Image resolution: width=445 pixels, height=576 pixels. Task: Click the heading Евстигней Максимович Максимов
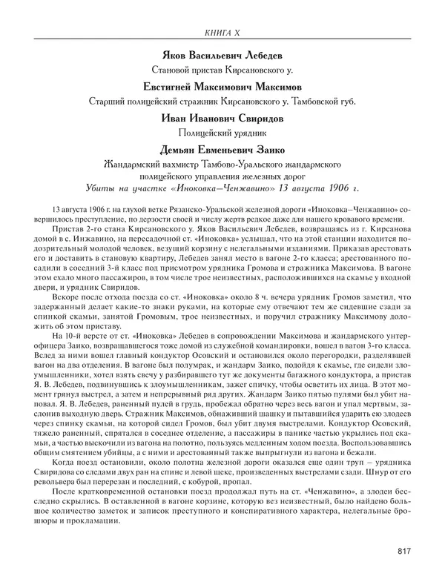click(x=222, y=87)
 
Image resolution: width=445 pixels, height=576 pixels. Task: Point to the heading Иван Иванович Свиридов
click(x=222, y=119)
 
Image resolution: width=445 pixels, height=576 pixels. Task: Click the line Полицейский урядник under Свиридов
click(x=222, y=134)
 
